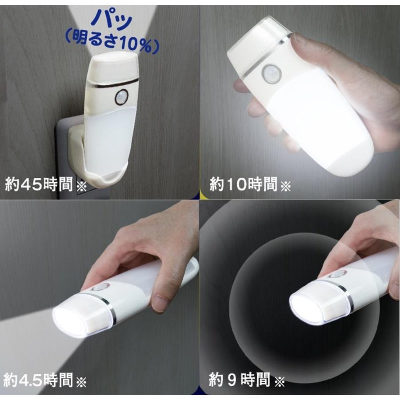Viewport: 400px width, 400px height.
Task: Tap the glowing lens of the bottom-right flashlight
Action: point(306,309)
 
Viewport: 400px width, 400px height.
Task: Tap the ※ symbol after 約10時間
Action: point(285,185)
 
